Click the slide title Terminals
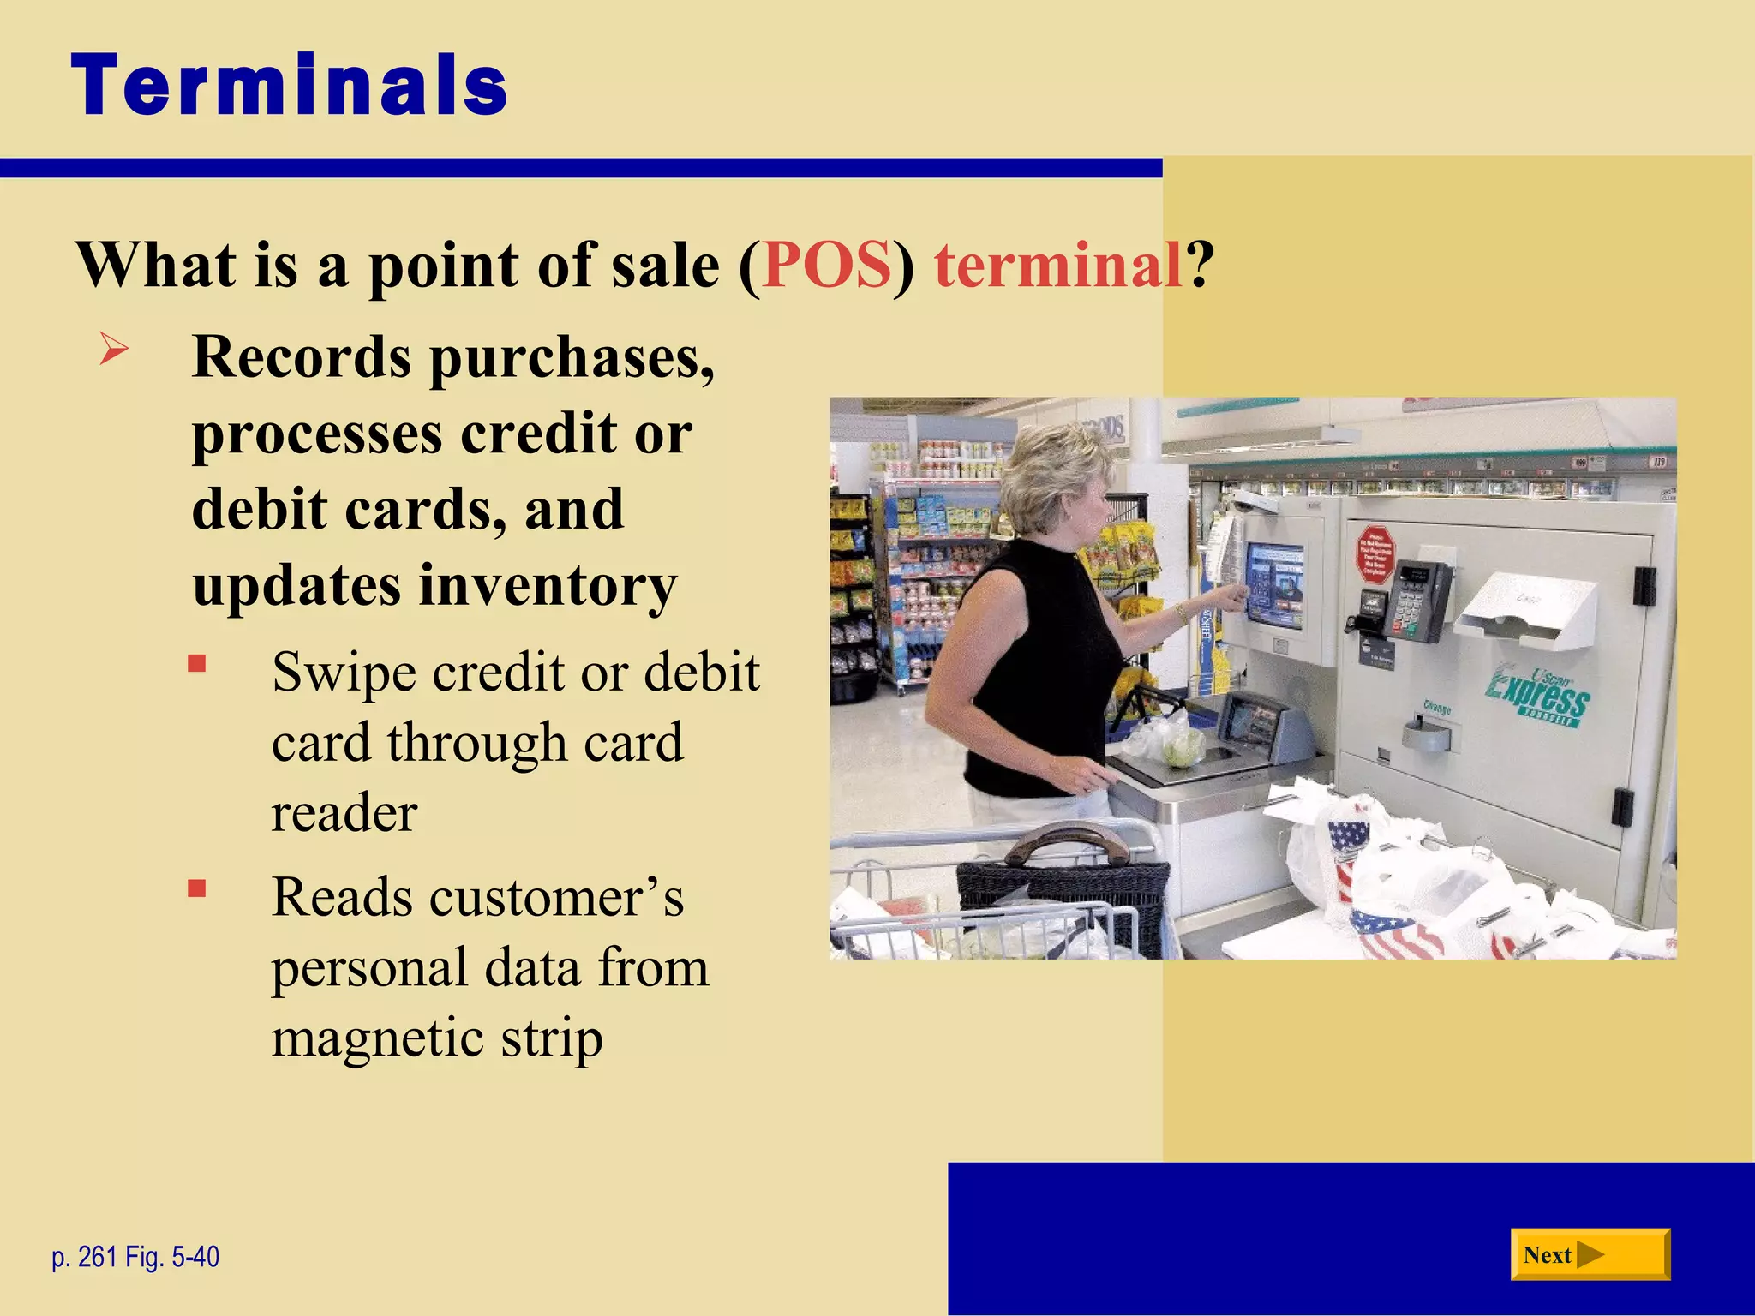[x=290, y=86]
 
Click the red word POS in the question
[x=827, y=266]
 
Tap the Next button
[x=1590, y=1255]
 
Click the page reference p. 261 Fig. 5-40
[x=135, y=1257]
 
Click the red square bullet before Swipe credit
[x=197, y=664]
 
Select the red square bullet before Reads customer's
[x=197, y=888]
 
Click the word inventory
[x=548, y=587]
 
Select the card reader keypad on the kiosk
[x=1418, y=600]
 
